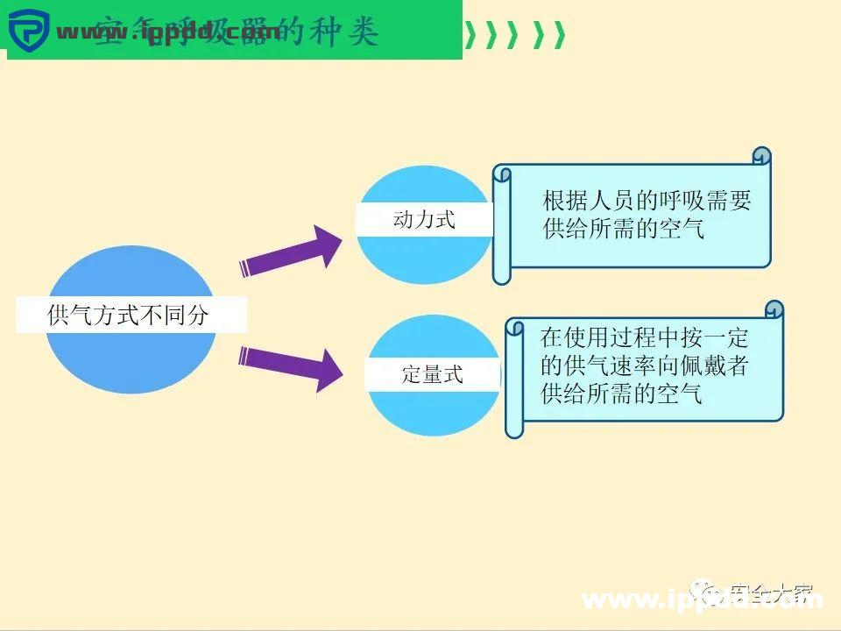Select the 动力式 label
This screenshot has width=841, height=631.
tap(424, 219)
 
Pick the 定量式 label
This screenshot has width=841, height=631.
tap(432, 375)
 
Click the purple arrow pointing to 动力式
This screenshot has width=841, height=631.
tap(293, 254)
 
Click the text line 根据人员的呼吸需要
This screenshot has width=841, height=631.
tap(647, 201)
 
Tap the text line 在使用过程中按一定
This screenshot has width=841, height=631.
tap(645, 337)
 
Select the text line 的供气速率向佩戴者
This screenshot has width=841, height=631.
tap(645, 365)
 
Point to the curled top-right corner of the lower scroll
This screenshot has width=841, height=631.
tap(774, 311)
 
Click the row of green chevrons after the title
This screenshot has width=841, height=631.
tap(514, 35)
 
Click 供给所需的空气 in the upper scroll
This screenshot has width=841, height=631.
tap(623, 230)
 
